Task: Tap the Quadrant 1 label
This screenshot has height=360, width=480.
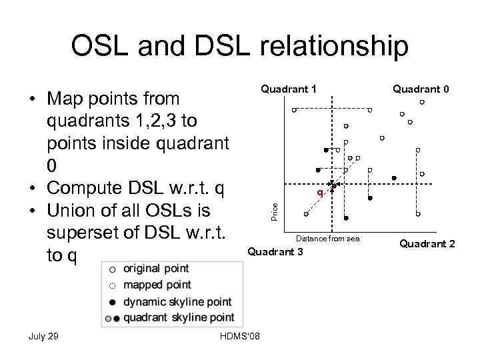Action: (x=288, y=89)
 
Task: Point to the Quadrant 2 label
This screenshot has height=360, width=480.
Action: (x=427, y=244)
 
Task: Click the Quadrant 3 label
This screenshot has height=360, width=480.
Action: (x=275, y=252)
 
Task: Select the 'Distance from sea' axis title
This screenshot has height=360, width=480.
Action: (x=328, y=238)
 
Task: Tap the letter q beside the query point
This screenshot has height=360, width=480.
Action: (x=320, y=193)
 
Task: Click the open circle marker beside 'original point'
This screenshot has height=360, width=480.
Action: (x=112, y=269)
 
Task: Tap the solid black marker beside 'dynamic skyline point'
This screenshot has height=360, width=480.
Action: (x=112, y=301)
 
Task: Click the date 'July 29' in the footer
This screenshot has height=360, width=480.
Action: (x=44, y=335)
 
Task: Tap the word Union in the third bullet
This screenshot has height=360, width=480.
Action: (x=73, y=211)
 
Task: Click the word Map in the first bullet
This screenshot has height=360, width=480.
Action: (x=67, y=99)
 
